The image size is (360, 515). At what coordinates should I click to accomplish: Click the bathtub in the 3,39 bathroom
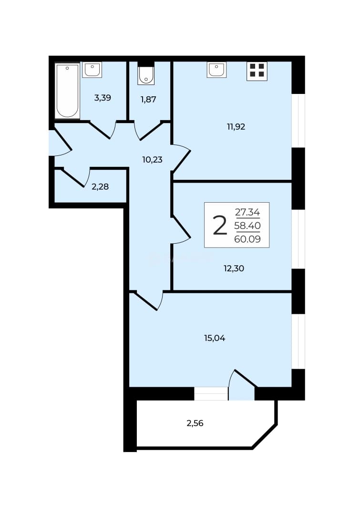pyautogui.click(x=67, y=91)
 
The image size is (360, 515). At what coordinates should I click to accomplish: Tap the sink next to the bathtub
pyautogui.click(x=92, y=70)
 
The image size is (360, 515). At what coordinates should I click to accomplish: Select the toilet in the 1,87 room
pyautogui.click(x=146, y=75)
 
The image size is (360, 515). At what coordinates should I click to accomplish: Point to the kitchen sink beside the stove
pyautogui.click(x=217, y=70)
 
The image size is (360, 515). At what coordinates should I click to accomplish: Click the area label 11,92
pyautogui.click(x=236, y=127)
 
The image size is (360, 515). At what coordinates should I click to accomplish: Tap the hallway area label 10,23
pyautogui.click(x=153, y=160)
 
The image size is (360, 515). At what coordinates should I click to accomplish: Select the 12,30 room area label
pyautogui.click(x=234, y=268)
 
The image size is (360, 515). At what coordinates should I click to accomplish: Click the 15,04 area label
pyautogui.click(x=215, y=338)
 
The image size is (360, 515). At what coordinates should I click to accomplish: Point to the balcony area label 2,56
pyautogui.click(x=195, y=423)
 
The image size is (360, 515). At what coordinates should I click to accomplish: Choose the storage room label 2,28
pyautogui.click(x=100, y=187)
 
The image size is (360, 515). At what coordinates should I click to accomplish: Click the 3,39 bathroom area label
pyautogui.click(x=103, y=98)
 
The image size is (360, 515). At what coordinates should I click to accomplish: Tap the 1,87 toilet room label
pyautogui.click(x=148, y=100)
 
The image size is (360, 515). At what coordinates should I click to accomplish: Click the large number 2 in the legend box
pyautogui.click(x=220, y=225)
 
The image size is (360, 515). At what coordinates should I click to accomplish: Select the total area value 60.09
pyautogui.click(x=247, y=239)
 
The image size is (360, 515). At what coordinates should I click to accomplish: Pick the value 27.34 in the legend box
pyautogui.click(x=247, y=212)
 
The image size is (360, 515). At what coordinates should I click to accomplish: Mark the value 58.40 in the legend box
pyautogui.click(x=247, y=226)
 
